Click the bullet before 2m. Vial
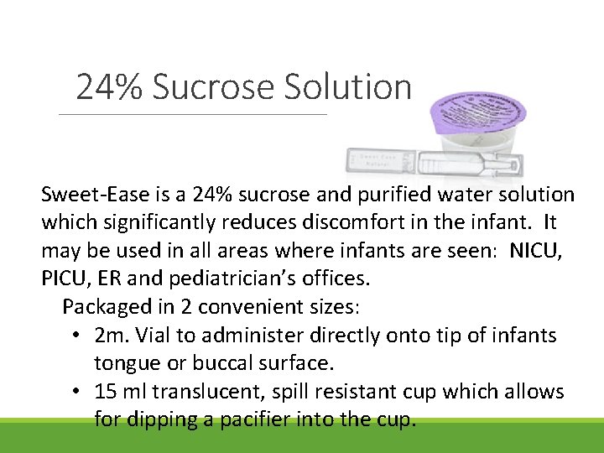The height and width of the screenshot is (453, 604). coord(76,336)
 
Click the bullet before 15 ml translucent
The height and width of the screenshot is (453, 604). coord(76,392)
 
